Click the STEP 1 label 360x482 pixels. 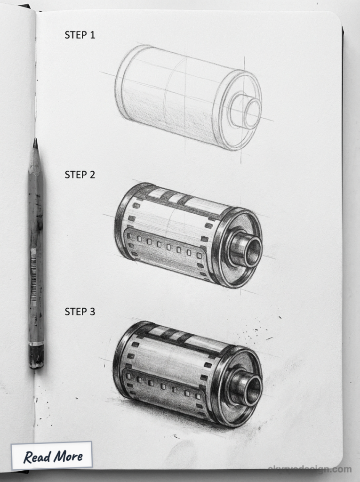point(80,35)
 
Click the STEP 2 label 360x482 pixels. point(80,175)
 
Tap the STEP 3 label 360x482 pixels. point(80,312)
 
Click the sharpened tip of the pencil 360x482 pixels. point(35,143)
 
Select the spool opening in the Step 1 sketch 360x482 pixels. point(253,113)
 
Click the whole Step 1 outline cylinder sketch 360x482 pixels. point(188,98)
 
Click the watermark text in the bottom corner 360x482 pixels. point(309,469)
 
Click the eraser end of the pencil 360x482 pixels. point(36,358)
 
